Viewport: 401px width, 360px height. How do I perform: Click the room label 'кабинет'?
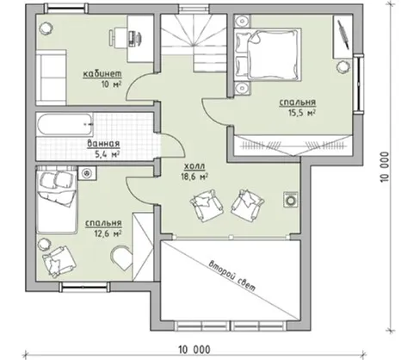[102, 74]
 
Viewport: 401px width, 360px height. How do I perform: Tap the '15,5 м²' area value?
[302, 113]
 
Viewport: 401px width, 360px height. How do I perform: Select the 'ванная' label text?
[103, 144]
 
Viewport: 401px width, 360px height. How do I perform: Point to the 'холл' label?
[194, 166]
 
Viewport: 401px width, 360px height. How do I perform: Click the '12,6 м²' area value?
[107, 233]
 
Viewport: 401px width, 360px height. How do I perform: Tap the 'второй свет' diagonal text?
[232, 276]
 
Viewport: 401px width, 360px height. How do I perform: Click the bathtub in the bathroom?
[65, 125]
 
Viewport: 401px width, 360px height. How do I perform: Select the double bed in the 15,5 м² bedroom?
[268, 54]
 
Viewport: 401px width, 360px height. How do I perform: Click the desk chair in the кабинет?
[113, 37]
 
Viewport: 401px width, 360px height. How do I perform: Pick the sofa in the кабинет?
[51, 78]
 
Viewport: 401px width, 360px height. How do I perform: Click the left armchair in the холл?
[206, 206]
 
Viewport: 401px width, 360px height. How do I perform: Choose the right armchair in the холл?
[248, 205]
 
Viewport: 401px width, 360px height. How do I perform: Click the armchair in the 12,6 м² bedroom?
[59, 261]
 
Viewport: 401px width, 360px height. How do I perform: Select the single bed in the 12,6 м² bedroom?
[57, 200]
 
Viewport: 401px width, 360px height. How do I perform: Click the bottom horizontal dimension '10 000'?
[194, 350]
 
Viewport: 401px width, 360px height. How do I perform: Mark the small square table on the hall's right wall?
[292, 199]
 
